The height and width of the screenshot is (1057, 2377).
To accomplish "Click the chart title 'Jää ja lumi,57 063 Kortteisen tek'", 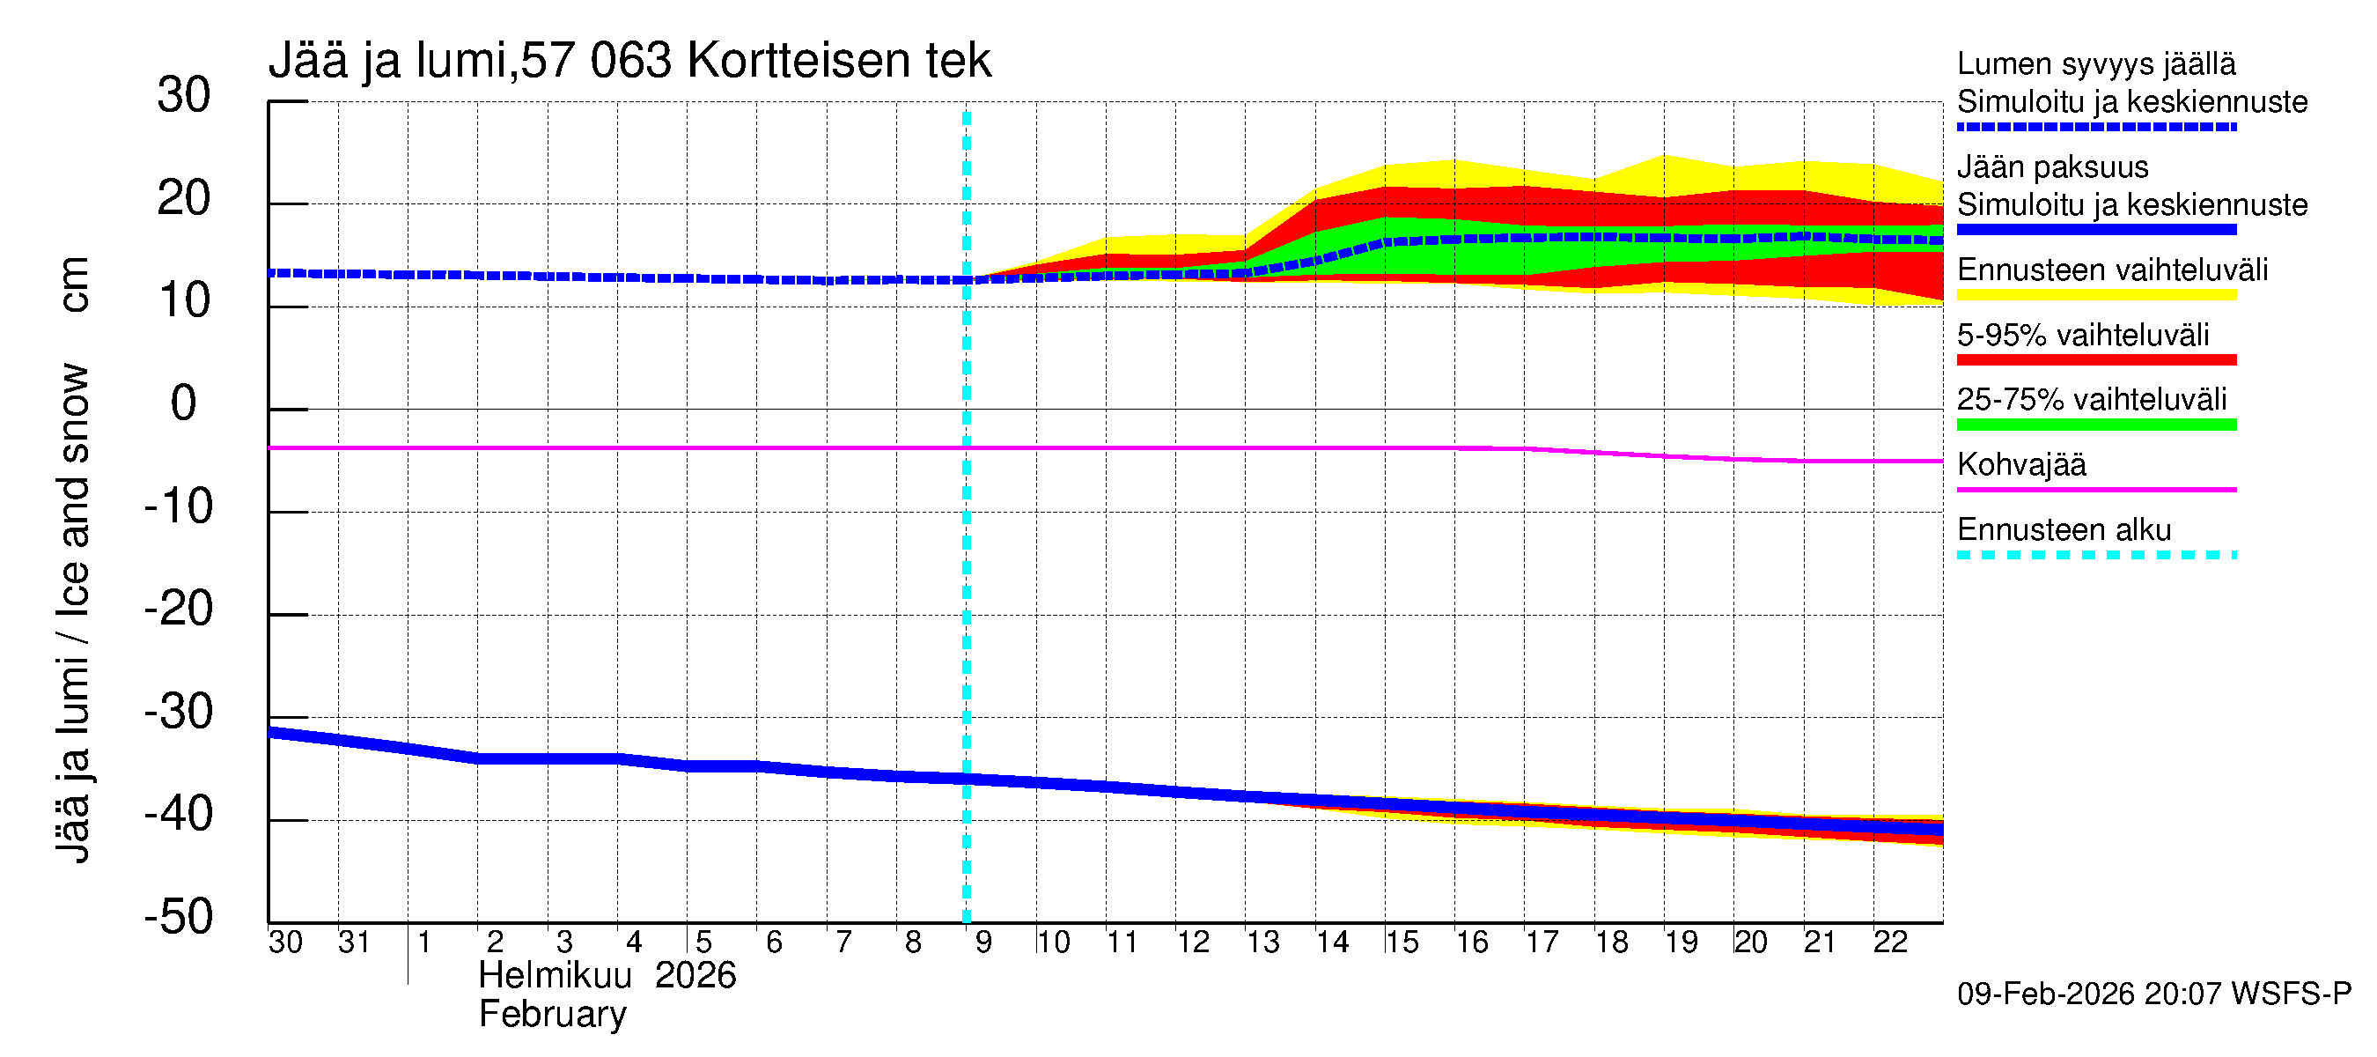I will [629, 61].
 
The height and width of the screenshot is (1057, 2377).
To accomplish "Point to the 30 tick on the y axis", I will [184, 95].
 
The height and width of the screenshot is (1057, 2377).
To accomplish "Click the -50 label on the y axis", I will [178, 917].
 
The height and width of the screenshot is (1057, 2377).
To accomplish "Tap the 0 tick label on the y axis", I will [184, 403].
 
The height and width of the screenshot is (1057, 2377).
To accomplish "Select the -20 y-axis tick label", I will [178, 610].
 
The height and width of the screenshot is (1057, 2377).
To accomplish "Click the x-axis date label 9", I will [983, 942].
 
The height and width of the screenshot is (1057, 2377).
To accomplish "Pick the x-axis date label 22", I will [1890, 942].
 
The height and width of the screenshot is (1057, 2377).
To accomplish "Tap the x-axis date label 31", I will [354, 942].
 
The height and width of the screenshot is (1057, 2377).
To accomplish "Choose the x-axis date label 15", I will [1402, 942].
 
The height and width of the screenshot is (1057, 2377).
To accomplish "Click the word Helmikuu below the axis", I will [555, 976].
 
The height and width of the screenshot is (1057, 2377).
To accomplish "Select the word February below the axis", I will [553, 1015].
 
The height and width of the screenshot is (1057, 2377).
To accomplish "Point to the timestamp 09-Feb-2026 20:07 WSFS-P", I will [2153, 994].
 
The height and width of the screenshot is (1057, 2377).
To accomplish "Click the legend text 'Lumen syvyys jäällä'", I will [2096, 64].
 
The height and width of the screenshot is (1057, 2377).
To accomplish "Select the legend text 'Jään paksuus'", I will [2053, 167].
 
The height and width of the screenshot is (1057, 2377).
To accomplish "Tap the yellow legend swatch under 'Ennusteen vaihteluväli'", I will [2096, 295].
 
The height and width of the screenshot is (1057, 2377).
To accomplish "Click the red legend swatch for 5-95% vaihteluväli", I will [2096, 360].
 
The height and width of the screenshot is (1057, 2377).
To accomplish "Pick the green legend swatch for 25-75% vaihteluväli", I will [2096, 425].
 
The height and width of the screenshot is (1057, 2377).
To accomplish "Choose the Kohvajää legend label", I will [2021, 464].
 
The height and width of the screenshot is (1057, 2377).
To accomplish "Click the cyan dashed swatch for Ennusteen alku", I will [2096, 555].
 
